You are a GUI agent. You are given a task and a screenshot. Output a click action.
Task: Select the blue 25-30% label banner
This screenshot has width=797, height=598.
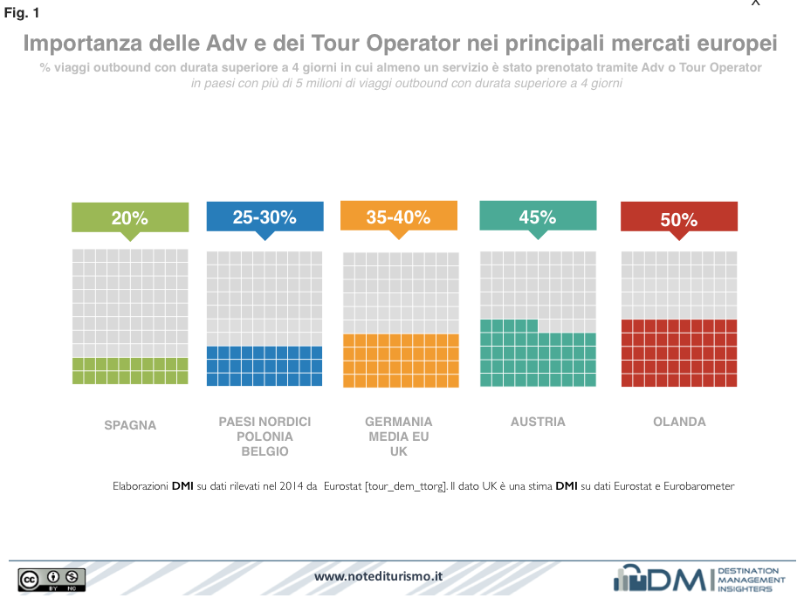point(265,217)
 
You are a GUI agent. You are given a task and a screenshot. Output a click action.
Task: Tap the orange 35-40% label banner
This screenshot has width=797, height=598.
point(398,217)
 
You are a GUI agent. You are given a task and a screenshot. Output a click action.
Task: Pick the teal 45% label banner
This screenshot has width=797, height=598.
point(538,217)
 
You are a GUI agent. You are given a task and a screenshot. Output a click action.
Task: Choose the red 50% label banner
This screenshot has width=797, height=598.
point(678,219)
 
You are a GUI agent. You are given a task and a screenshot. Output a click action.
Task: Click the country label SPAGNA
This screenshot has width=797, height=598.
point(130,425)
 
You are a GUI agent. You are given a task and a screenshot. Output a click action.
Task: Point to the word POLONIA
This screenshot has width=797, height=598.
point(265,436)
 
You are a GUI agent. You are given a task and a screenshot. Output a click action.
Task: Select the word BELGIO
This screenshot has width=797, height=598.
point(265,451)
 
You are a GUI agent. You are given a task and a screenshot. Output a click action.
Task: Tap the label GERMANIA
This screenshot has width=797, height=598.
point(398,422)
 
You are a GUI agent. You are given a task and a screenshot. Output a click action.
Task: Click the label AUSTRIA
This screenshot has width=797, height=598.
point(538,422)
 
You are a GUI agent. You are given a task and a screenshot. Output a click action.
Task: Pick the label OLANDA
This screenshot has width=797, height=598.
point(679,422)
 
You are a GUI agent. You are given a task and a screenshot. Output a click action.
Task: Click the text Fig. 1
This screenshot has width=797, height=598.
point(22,13)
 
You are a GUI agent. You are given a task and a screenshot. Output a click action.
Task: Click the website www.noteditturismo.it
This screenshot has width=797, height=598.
point(378,576)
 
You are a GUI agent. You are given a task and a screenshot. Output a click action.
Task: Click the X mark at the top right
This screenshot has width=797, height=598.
point(756,3)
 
